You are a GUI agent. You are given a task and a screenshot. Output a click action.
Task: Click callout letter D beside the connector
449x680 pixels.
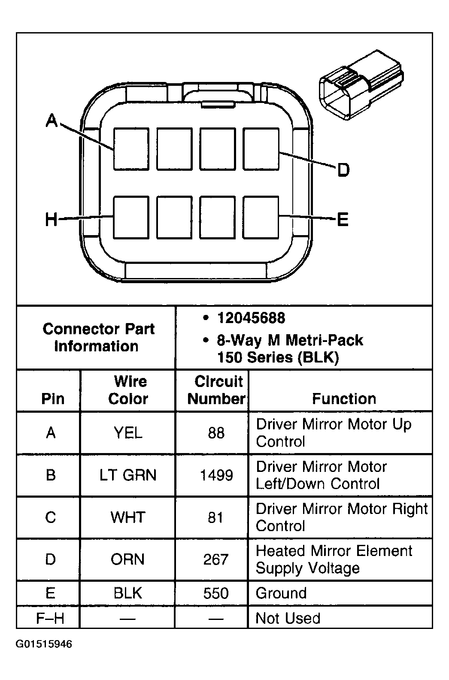343,170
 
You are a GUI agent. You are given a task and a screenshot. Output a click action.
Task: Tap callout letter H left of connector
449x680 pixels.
51,220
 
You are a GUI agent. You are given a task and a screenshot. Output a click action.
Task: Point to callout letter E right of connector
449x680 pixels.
342,220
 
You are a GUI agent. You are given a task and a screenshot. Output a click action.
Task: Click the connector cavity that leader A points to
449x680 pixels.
131,148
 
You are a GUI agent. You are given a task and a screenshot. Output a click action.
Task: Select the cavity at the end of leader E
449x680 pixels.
261,217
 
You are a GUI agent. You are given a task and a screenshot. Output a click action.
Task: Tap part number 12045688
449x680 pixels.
251,318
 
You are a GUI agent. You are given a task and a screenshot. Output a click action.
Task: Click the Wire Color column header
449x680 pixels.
128,390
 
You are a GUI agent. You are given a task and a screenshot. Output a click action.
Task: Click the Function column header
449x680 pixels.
344,399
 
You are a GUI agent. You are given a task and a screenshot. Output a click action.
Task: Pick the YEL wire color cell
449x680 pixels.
128,433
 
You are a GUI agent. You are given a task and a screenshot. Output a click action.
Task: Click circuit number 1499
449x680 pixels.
216,475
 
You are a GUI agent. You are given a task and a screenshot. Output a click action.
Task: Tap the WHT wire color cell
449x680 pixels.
128,517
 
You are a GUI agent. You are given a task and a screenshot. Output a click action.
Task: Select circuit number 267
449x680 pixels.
215,559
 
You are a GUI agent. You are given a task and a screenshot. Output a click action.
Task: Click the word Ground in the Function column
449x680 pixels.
281,593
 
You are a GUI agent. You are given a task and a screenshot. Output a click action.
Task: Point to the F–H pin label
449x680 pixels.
50,619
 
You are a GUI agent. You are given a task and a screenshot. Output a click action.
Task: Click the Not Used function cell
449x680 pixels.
288,619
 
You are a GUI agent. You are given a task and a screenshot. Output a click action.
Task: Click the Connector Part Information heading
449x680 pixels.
98,338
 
